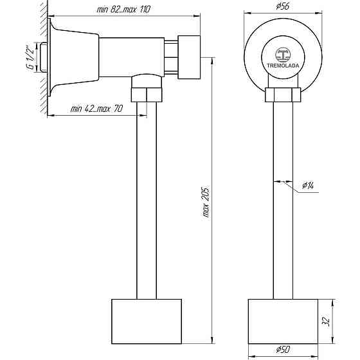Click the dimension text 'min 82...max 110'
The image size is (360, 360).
(x=123, y=10)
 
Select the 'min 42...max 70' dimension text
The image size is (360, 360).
(x=96, y=109)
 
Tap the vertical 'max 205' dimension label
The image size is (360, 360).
(x=206, y=203)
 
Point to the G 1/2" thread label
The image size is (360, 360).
(x=31, y=57)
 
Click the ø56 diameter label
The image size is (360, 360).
(x=283, y=6)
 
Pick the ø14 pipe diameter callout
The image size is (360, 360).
(x=308, y=185)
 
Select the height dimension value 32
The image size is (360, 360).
(x=327, y=321)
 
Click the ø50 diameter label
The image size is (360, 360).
(x=283, y=350)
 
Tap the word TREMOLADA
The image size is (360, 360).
(x=283, y=66)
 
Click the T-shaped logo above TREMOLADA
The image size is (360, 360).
(x=283, y=55)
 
